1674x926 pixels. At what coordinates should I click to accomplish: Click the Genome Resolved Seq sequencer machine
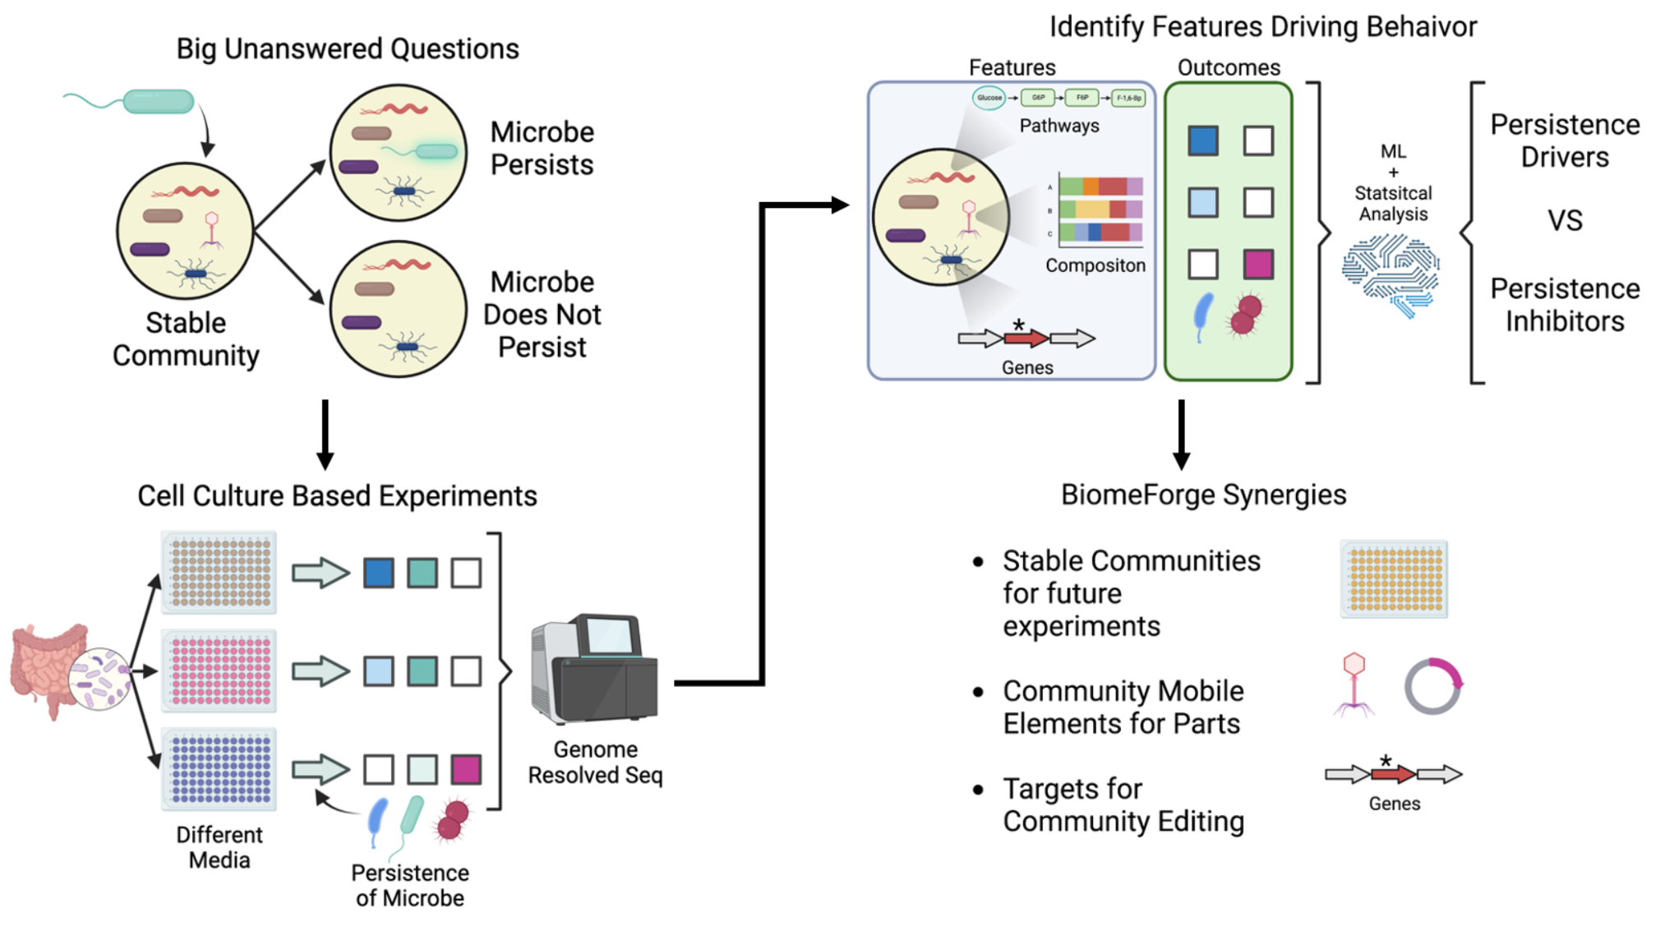click(594, 670)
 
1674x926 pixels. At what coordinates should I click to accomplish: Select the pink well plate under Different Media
click(219, 670)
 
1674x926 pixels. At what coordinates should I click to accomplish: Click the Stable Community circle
click(185, 231)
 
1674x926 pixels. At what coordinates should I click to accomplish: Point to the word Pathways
click(1058, 126)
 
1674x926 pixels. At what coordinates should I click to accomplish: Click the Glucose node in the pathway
click(989, 98)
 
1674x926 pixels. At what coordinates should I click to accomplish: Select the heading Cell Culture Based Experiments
click(337, 496)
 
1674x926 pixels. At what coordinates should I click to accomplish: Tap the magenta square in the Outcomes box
click(1257, 265)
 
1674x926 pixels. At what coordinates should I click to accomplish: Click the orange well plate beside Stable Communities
click(1394, 579)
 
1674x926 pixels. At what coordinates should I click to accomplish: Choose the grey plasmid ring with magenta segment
click(1432, 686)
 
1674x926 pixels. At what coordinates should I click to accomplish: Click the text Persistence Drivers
click(1564, 141)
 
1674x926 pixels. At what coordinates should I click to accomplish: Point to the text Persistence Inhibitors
click(1564, 305)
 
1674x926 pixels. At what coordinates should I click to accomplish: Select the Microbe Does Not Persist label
click(542, 315)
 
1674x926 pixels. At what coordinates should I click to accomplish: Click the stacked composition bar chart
click(1100, 210)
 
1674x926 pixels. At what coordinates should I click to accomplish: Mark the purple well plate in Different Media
click(219, 769)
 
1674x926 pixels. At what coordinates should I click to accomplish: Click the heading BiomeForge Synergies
click(1203, 495)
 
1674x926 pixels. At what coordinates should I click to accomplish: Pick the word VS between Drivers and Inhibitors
click(1564, 221)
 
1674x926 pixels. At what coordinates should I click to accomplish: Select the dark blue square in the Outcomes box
click(1202, 141)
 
